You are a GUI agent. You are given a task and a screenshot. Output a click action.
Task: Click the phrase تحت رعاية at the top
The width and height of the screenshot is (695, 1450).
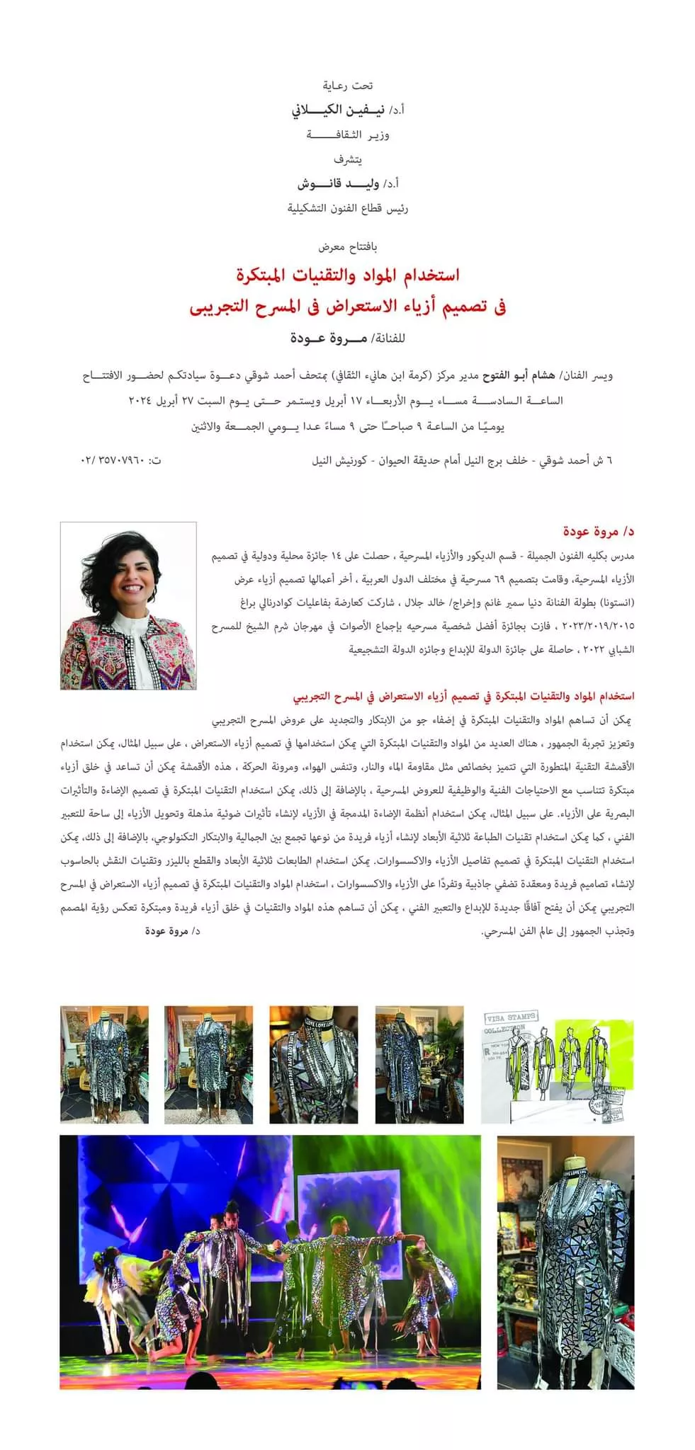[x=348, y=86]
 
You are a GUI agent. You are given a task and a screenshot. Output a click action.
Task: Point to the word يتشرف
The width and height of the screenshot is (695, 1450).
[x=348, y=159]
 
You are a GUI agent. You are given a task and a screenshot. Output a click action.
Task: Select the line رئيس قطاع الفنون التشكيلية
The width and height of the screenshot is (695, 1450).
[x=348, y=209]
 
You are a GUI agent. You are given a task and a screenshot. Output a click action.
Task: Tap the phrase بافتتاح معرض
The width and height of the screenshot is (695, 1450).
[x=348, y=247]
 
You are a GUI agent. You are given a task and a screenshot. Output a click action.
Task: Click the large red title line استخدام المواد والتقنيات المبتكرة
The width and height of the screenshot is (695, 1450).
[x=347, y=275]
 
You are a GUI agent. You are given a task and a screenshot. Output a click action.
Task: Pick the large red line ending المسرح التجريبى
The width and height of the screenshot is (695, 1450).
[x=347, y=307]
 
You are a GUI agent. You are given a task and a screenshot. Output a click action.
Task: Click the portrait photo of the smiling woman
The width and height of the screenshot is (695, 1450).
[x=128, y=605]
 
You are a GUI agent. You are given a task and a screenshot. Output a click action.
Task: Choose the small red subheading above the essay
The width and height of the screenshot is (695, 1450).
[x=464, y=697]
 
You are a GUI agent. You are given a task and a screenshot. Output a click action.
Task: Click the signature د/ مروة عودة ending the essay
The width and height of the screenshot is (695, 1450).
[x=172, y=932]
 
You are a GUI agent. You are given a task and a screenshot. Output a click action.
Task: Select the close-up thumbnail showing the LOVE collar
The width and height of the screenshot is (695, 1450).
[x=313, y=1064]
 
